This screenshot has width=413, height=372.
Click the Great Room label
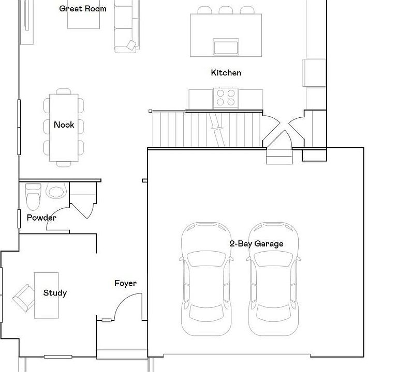(83, 9)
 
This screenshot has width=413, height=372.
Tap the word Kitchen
(226, 72)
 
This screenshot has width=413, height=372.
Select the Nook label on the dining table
(64, 125)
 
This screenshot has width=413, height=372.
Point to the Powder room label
(41, 218)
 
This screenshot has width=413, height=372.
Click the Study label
(55, 293)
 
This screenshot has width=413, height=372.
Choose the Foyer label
(126, 283)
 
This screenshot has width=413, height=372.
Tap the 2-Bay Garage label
(257, 244)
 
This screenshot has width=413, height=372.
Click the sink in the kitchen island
(226, 47)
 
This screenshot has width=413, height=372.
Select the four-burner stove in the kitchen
(226, 98)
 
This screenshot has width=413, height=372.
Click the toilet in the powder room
(33, 197)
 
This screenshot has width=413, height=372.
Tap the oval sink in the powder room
(56, 191)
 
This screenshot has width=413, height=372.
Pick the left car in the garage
(207, 279)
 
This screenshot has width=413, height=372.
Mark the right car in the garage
(274, 279)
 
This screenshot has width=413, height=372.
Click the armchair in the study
(24, 298)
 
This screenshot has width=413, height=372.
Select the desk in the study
(47, 296)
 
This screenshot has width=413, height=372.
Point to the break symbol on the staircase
(217, 129)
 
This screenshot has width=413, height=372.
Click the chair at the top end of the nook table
(64, 91)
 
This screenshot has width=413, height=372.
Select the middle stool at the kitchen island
(226, 10)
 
